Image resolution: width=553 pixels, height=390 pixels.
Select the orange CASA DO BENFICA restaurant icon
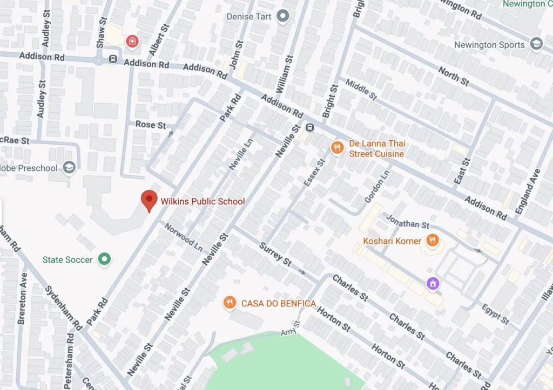pyautogui.click(x=230, y=303)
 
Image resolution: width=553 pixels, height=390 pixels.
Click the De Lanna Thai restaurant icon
pyautogui.click(x=338, y=147)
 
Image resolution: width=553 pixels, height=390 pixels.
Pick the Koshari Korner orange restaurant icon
pyautogui.click(x=432, y=241)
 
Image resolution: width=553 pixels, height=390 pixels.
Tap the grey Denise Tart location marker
pyautogui.click(x=282, y=17)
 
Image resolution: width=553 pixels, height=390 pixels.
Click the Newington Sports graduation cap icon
pyautogui.click(x=536, y=45)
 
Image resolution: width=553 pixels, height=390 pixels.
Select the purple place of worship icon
pyautogui.click(x=433, y=283)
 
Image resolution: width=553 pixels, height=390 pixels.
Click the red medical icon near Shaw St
pyautogui.click(x=131, y=41)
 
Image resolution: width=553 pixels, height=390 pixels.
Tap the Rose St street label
pyautogui.click(x=151, y=125)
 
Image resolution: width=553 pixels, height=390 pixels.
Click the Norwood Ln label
pyautogui.click(x=184, y=235)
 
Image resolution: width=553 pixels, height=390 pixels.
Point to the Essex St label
pyautogui.click(x=315, y=173)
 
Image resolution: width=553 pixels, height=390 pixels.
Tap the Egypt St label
pyautogui.click(x=495, y=314)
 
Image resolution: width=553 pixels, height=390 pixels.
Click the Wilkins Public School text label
pyautogui.click(x=203, y=202)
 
